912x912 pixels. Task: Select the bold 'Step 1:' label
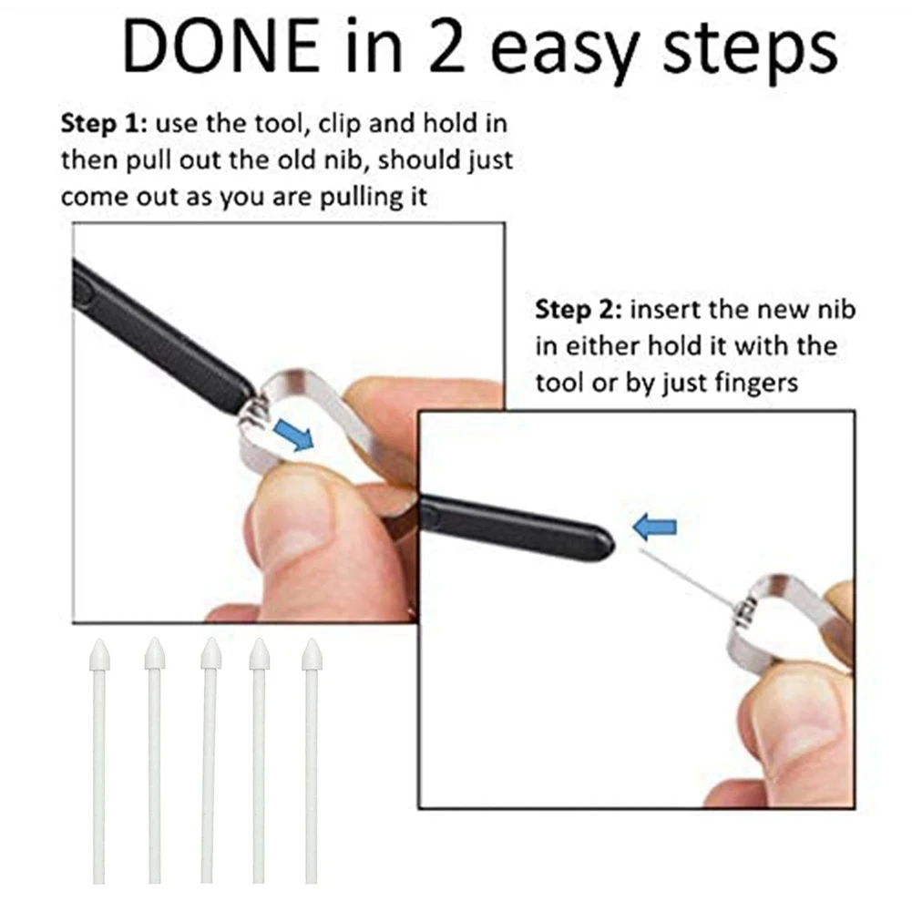[100, 123]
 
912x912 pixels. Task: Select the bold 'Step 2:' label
[577, 310]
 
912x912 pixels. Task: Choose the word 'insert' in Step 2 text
[665, 310]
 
